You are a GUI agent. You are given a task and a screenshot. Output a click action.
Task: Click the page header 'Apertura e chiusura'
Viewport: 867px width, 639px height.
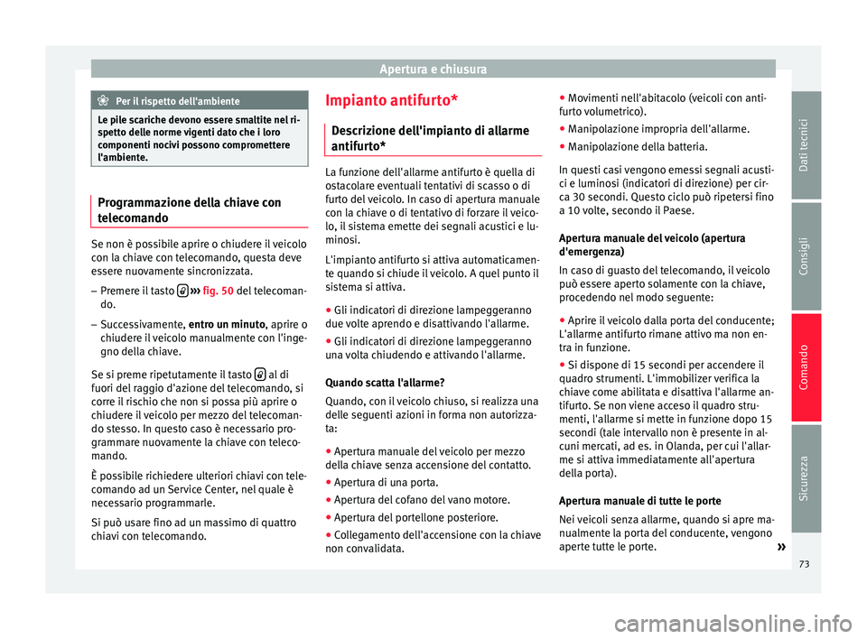tap(433, 69)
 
